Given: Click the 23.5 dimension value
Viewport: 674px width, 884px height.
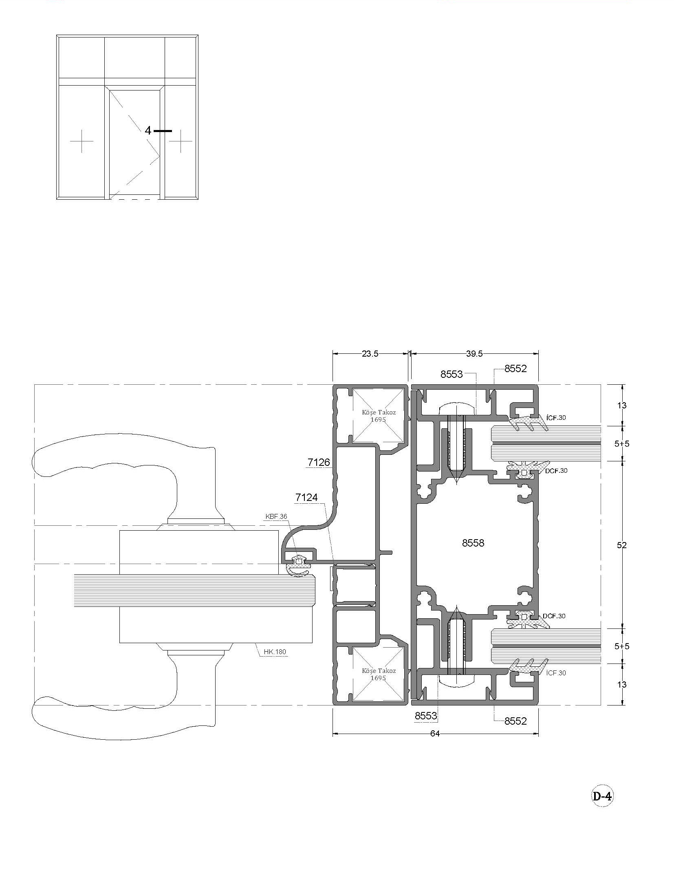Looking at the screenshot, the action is click(370, 354).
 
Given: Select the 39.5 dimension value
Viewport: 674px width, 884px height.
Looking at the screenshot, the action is click(474, 354).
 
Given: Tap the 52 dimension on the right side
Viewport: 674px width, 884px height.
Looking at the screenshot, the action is click(621, 545).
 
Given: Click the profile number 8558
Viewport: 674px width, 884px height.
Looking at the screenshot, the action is click(473, 543).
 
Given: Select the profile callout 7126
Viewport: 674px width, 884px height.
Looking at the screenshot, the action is click(319, 463).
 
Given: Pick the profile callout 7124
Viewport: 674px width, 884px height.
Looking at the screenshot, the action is click(306, 498).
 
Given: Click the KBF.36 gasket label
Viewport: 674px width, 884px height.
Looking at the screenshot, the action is click(276, 516).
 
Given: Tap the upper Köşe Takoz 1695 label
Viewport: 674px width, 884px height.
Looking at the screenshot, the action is click(379, 416).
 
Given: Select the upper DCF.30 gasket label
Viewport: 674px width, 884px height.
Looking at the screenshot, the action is click(556, 471).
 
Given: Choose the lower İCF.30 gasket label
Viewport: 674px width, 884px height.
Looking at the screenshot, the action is click(556, 673).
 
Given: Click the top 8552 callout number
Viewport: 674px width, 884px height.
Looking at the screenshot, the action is click(515, 368).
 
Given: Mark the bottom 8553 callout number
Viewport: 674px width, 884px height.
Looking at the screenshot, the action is click(426, 716).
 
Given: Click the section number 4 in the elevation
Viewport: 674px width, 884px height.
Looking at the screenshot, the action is click(148, 130).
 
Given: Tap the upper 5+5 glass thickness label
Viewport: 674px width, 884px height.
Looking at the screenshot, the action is click(622, 444).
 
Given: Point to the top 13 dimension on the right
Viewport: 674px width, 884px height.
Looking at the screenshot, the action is click(621, 406).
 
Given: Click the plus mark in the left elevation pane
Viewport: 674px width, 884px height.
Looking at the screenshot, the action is click(82, 141).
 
